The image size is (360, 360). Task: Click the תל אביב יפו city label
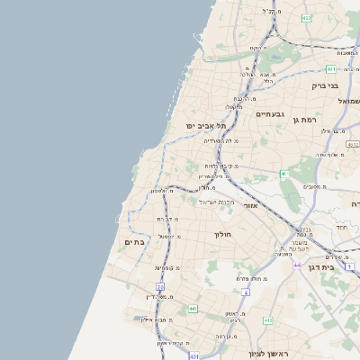pos(203,126)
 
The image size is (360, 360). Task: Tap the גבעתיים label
pos(271,114)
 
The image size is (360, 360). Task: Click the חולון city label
pos(222,235)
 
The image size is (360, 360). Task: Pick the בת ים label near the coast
pos(135,242)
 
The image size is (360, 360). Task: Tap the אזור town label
pos(250,207)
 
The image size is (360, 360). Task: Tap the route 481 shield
pos(331,68)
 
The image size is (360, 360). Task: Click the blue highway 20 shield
pos(160,286)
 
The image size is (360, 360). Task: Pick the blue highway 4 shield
pos(245,292)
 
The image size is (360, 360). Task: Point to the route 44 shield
pos(297,265)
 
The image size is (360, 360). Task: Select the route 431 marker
pos(194,357)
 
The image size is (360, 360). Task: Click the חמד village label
pos(341,228)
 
